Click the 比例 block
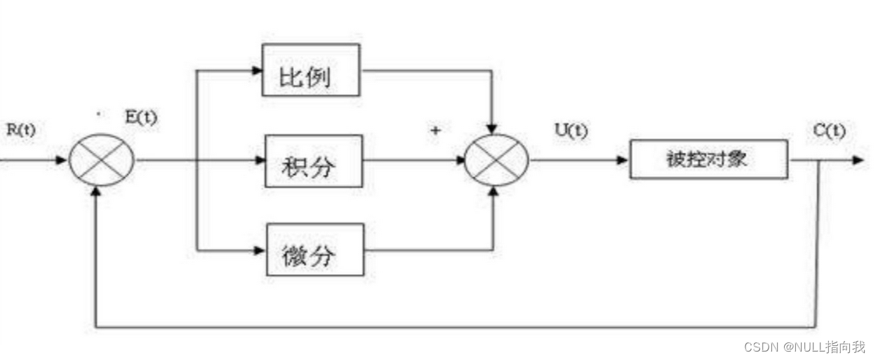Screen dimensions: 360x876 (x=310, y=70)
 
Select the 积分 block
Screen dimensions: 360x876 (x=313, y=161)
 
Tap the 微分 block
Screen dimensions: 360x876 (x=314, y=249)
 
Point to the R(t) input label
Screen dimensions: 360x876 (x=20, y=131)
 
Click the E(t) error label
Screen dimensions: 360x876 (x=140, y=117)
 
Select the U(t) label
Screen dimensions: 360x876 (x=571, y=131)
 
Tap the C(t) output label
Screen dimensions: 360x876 (x=828, y=131)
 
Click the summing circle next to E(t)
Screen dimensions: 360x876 (x=101, y=160)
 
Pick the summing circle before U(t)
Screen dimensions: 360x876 (x=497, y=160)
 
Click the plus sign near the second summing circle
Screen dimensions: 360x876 (x=435, y=131)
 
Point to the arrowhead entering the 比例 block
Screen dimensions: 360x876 (x=255, y=70)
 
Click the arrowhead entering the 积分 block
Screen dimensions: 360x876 (x=259, y=160)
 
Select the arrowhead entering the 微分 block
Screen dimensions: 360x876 (x=260, y=249)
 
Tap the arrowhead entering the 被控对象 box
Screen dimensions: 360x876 (x=623, y=160)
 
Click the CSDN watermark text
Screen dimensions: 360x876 (x=804, y=347)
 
